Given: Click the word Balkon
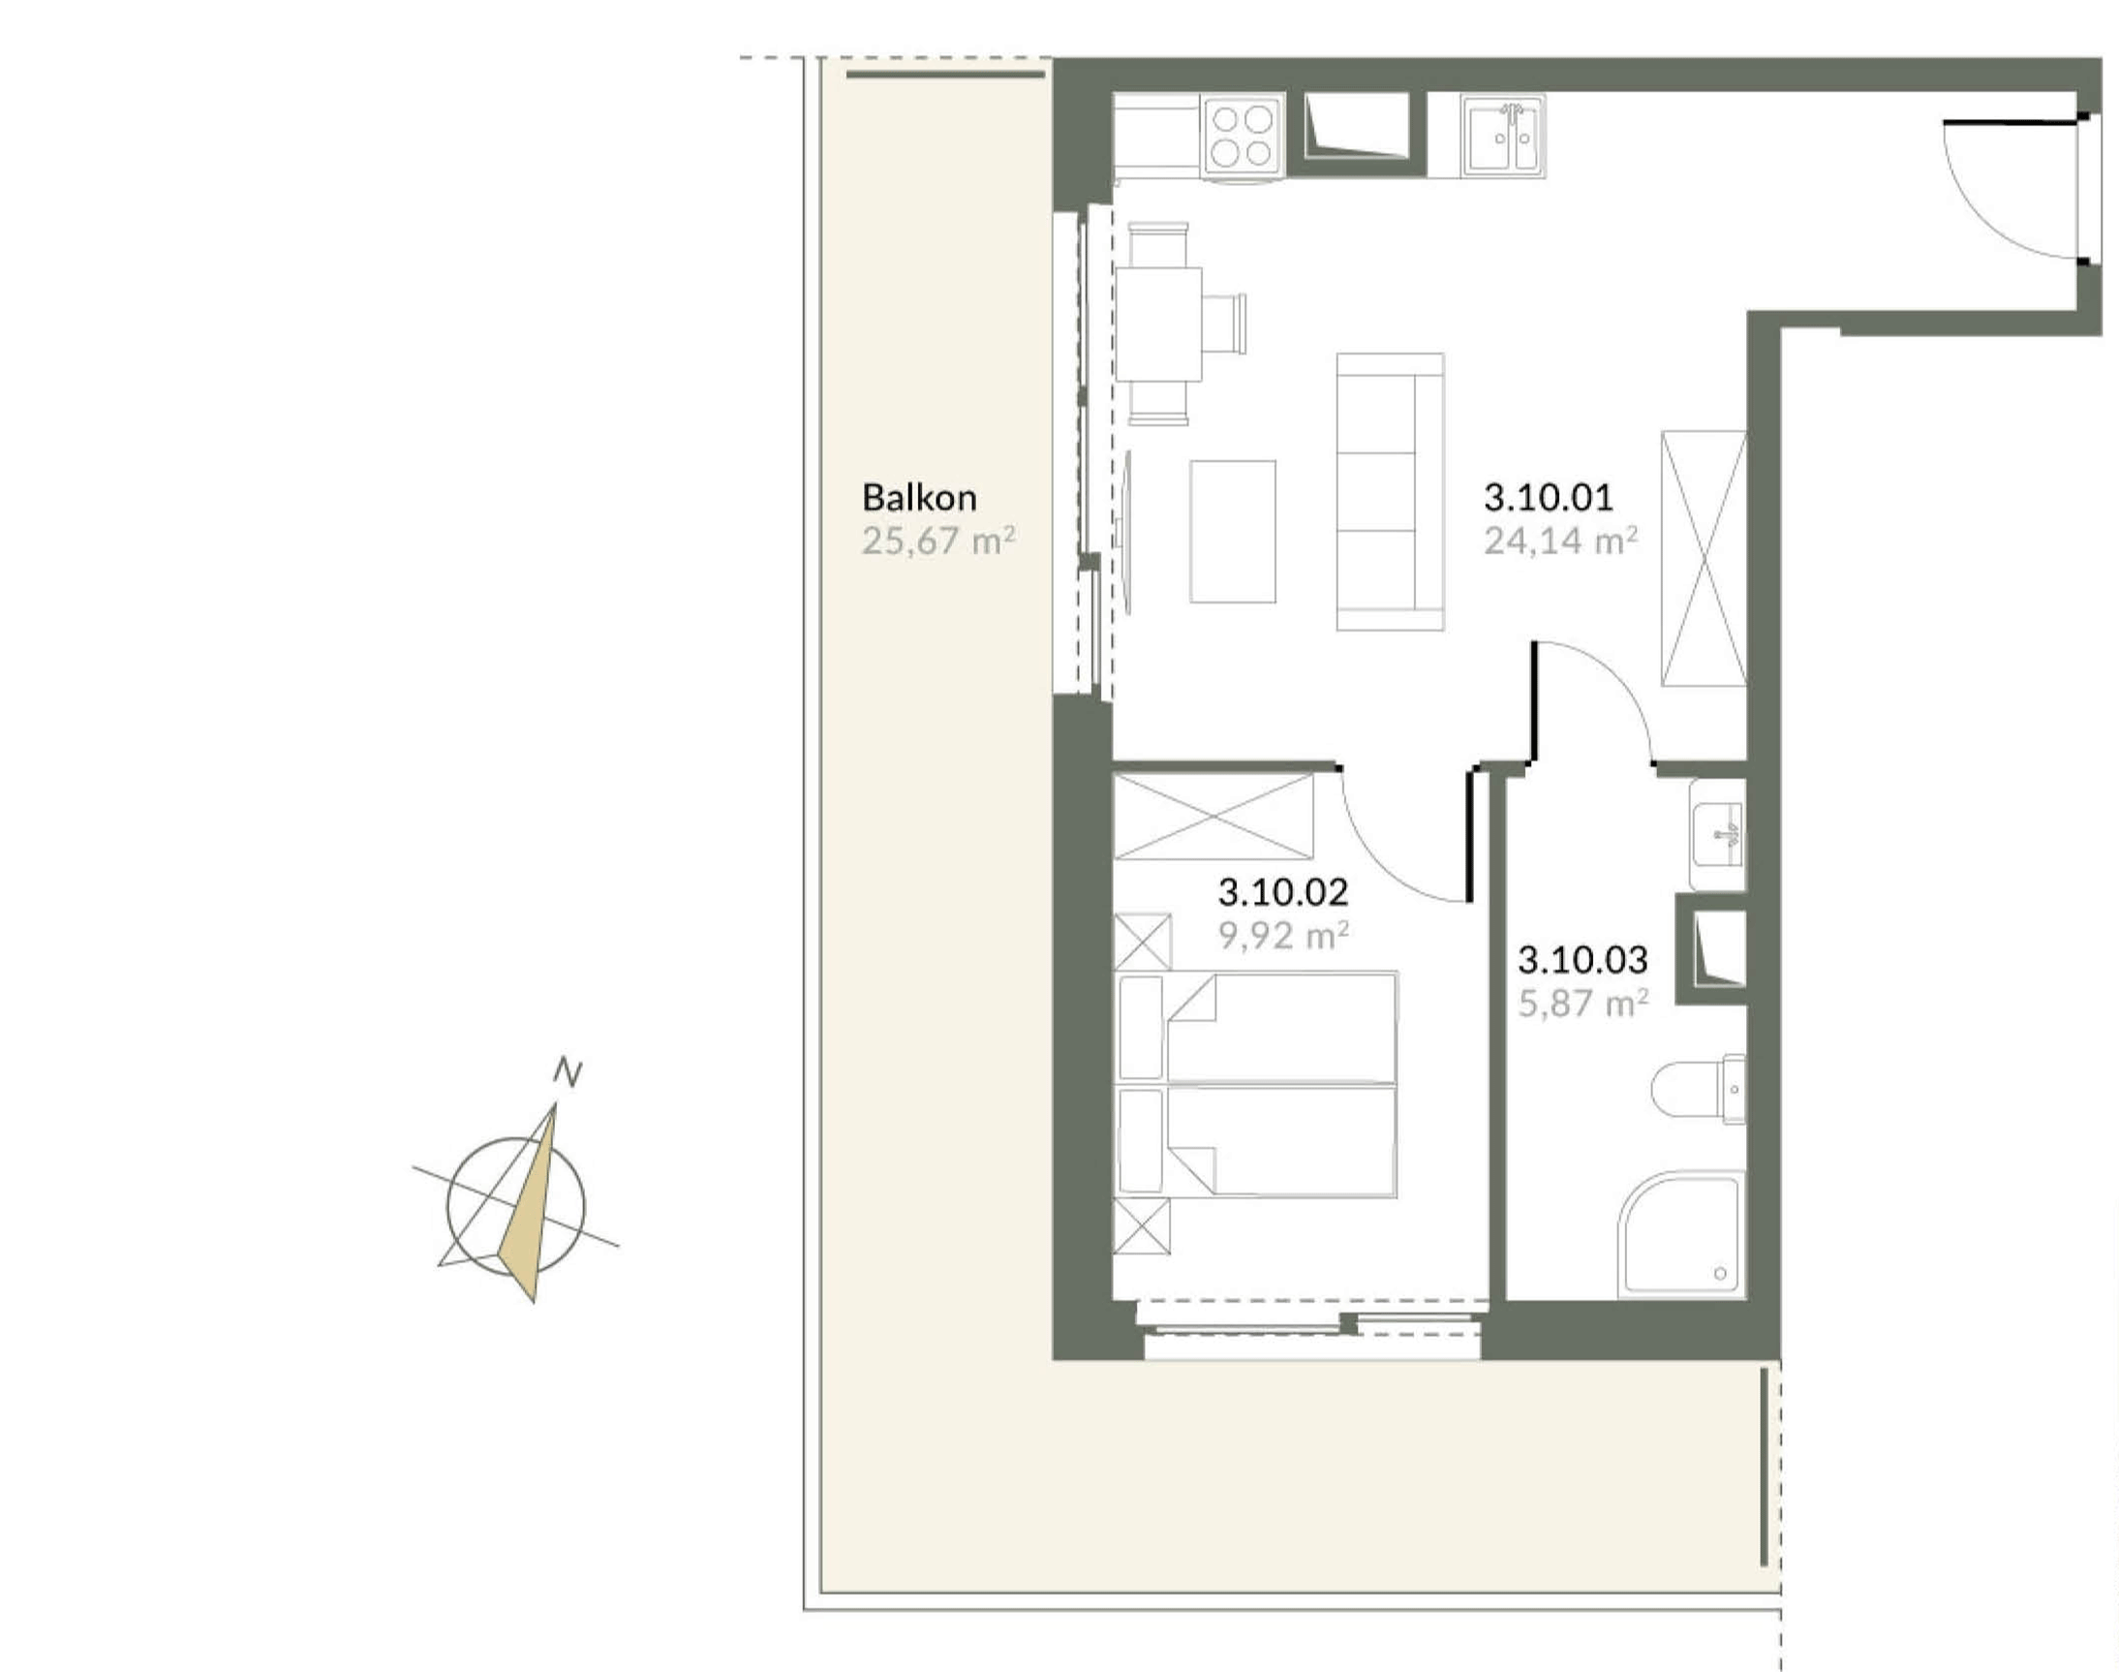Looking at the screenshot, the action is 919,497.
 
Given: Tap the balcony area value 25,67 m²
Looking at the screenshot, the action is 938,541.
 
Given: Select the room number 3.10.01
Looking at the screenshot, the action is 1548,497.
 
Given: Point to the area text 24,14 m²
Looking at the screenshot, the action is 1561,541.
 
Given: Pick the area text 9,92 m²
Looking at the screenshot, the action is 1283,935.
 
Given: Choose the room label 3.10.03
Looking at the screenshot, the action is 1582,960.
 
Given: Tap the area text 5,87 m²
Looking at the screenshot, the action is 1582,1004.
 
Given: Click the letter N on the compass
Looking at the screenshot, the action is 568,1072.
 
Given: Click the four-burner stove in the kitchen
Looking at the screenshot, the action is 1243,136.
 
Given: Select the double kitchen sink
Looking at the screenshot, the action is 1502,136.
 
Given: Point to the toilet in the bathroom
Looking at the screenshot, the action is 1698,1089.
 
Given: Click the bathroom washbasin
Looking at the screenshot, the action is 1718,835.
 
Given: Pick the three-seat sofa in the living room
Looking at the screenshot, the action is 1390,491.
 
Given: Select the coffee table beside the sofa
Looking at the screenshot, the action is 1232,532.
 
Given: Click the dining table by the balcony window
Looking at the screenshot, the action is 1159,324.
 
